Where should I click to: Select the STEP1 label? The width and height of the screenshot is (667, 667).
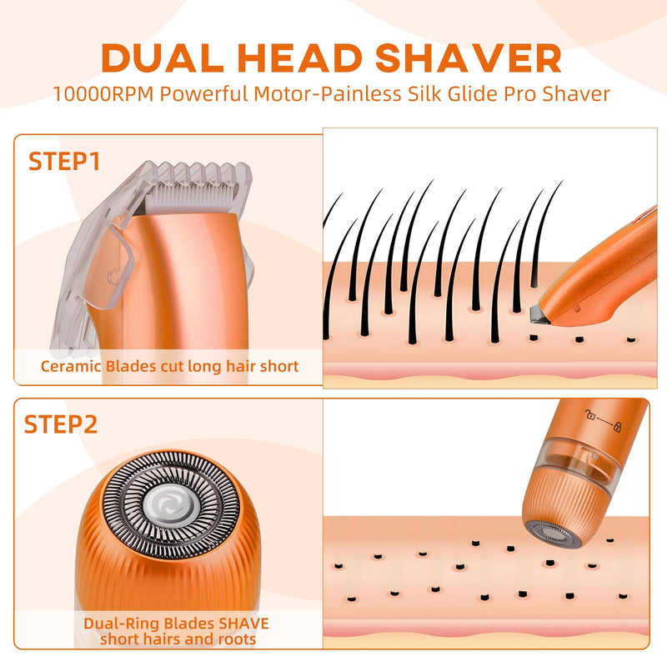click(64, 161)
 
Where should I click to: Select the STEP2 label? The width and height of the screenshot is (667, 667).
click(61, 424)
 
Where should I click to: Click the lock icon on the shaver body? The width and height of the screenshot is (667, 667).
click(617, 427)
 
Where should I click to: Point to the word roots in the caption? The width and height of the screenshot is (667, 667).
click(238, 639)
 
